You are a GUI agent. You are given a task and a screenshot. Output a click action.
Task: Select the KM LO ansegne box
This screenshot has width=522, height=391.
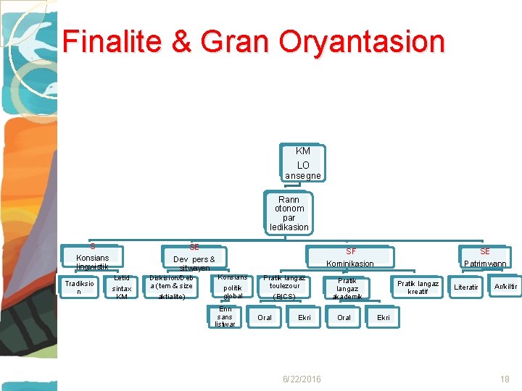[303, 163]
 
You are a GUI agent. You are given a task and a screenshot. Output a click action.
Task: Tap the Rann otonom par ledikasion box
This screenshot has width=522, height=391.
[289, 213]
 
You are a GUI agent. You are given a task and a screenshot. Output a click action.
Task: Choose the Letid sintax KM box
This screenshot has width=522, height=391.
[121, 287]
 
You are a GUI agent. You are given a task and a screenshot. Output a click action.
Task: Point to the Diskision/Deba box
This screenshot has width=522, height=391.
[171, 287]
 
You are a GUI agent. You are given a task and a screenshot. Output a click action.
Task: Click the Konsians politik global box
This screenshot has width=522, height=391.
[233, 287]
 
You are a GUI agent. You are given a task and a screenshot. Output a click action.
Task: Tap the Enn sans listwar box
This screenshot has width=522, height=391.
[225, 316]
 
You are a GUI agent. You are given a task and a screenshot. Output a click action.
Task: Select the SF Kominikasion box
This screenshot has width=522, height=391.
[350, 258]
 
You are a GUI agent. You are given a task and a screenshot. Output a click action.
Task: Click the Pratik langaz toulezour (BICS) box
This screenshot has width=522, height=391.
[284, 287]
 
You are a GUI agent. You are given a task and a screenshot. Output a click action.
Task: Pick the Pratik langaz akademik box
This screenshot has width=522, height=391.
[347, 288]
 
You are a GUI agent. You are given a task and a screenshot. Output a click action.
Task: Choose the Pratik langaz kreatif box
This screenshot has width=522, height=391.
[418, 287]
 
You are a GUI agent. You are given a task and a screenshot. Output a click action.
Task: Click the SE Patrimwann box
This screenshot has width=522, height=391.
[485, 258]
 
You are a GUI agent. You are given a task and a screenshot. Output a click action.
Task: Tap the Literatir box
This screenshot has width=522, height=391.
[465, 287]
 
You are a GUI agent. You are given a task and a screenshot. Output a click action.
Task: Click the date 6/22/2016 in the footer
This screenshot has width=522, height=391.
[302, 379]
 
